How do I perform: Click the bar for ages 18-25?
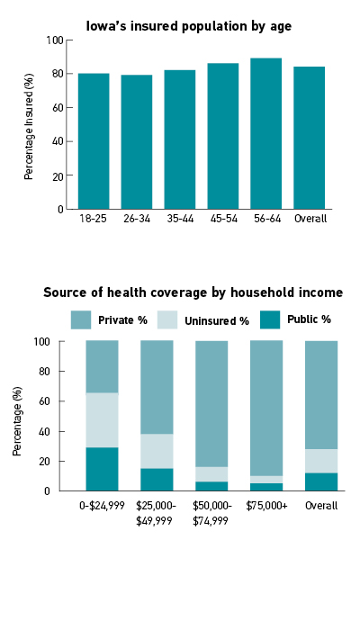point(94,141)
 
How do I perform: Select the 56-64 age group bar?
point(266,133)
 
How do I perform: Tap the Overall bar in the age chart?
point(309,138)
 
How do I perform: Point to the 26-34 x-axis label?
point(137,219)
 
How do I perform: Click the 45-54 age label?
point(223,219)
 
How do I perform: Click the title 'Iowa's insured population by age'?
point(189,26)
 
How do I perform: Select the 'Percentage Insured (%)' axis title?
point(29,127)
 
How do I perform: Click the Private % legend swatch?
point(81,319)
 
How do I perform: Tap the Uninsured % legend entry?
point(202,320)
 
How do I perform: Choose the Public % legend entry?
point(295,319)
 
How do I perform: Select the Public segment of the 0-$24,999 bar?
point(102,469)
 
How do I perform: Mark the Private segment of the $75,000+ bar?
point(266,409)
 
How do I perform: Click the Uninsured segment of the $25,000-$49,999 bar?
point(157,451)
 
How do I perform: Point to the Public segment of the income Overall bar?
point(321,481)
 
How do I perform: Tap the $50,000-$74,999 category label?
point(212,513)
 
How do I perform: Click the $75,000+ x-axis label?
point(266,506)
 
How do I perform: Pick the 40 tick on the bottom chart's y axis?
point(49,431)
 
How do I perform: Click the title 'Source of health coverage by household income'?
point(193,292)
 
